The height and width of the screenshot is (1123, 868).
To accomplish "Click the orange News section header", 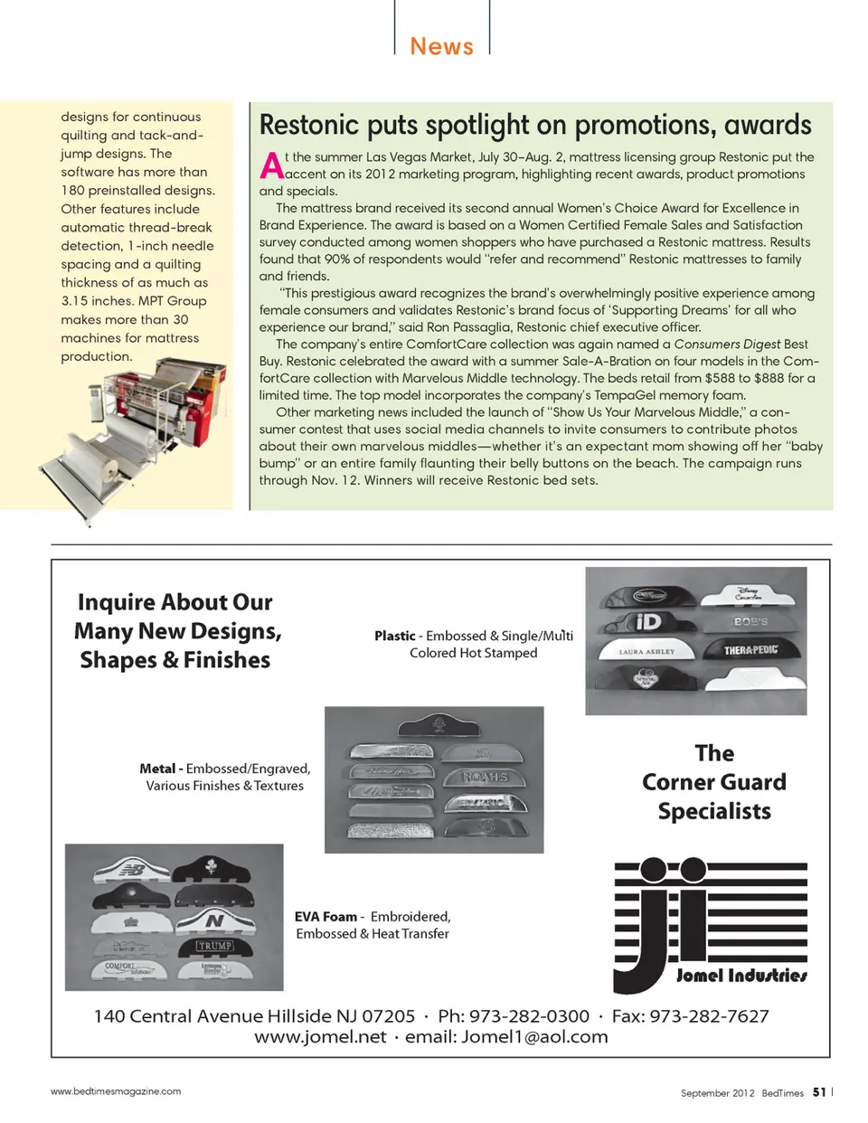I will [x=441, y=46].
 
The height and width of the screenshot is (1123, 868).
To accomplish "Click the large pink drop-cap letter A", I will [x=270, y=165].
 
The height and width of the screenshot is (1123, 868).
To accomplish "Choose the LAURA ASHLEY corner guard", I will [x=647, y=650].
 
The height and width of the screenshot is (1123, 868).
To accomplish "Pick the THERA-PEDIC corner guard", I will [x=750, y=649].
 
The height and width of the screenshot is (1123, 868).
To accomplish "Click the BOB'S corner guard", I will [x=750, y=622].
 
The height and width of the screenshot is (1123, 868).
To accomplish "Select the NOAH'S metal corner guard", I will [x=486, y=777].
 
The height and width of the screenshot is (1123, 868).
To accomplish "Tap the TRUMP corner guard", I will [x=215, y=946].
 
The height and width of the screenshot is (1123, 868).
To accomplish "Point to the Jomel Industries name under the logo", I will [x=741, y=976].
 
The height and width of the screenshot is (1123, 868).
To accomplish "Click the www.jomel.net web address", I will [x=320, y=1037].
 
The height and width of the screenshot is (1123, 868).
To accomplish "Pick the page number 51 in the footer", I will [x=818, y=1092].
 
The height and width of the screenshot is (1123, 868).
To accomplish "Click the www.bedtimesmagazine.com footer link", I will [x=116, y=1091].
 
